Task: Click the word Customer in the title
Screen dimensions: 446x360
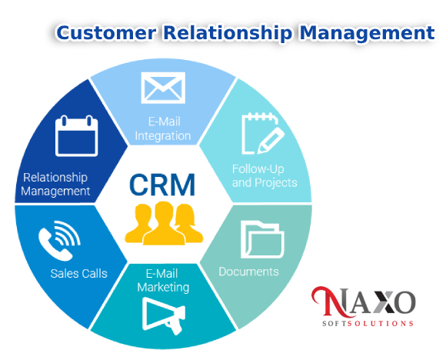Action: (106, 32)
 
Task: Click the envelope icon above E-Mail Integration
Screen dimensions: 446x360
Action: (163, 88)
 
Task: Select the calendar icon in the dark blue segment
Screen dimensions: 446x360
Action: (77, 136)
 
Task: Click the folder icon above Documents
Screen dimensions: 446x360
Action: (262, 240)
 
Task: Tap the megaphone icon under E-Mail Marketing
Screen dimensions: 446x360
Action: (164, 316)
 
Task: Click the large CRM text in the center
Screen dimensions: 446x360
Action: (162, 185)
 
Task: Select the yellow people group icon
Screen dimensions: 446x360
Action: (164, 223)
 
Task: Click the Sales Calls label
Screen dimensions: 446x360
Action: (78, 274)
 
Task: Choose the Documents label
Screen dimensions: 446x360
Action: (248, 272)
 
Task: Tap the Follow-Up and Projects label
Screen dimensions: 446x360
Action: (265, 176)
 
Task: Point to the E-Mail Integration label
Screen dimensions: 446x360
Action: (163, 128)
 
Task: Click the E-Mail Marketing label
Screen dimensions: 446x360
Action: (163, 280)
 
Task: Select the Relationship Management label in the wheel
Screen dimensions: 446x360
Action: (55, 185)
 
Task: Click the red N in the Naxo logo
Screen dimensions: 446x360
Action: (331, 302)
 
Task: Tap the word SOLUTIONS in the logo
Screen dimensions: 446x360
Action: (381, 324)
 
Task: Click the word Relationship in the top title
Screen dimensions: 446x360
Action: (228, 34)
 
